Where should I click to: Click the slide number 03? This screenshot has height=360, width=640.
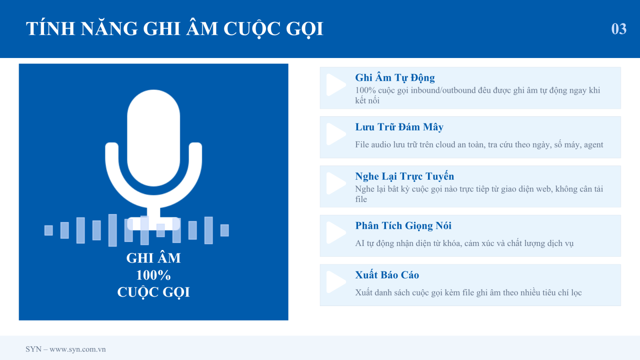point(618,29)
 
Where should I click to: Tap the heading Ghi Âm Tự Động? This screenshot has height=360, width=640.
point(395,78)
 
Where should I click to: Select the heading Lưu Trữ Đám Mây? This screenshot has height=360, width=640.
point(399,127)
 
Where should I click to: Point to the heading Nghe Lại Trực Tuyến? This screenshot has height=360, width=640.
point(404,176)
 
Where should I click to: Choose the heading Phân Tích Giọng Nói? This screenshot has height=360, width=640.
point(403,226)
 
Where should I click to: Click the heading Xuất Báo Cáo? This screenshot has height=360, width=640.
point(387,275)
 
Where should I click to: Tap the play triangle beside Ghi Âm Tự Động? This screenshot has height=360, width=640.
point(336,85)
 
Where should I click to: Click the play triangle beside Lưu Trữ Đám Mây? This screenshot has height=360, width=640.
point(336,134)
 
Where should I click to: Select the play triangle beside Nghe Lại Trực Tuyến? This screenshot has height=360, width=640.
point(336,184)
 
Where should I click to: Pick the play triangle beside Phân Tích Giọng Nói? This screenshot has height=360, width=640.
point(336,233)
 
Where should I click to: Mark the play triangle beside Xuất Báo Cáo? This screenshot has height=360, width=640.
point(336,282)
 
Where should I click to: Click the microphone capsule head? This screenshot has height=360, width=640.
point(154,138)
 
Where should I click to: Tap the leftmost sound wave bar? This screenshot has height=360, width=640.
point(48,230)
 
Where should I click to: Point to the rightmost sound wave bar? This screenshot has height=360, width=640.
point(224,230)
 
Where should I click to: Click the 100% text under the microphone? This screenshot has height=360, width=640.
point(154,275)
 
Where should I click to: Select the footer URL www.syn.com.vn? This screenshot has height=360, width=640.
point(78,349)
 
